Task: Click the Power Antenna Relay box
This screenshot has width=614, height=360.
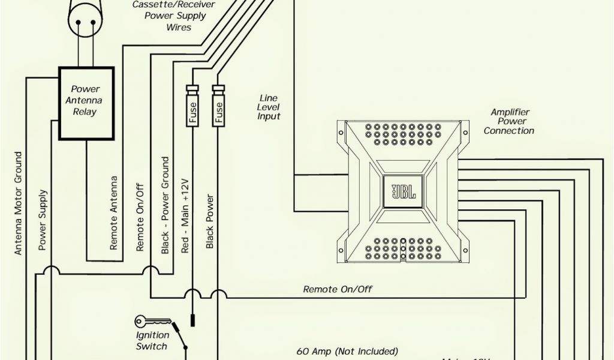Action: pos(86,103)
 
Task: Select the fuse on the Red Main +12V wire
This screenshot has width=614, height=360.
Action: pos(192,106)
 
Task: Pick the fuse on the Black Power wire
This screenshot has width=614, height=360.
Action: pos(218,106)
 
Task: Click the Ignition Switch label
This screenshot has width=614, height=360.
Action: pos(152,341)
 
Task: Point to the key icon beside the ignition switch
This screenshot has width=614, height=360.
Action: pos(146,321)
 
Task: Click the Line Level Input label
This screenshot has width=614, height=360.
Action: pos(269,107)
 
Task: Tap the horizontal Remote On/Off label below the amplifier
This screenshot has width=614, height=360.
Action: pos(338,289)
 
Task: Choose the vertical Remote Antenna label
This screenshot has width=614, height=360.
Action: pos(114,212)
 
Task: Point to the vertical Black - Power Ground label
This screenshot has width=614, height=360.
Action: pos(165,205)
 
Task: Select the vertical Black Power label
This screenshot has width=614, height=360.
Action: pos(210,221)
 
